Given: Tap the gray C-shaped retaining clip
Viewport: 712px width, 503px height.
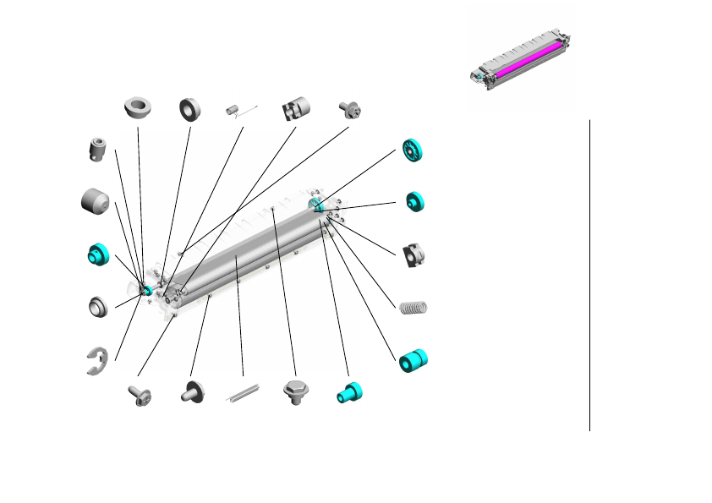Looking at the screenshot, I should [97, 360].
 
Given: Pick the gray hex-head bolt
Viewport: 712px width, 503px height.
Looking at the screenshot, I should [295, 392].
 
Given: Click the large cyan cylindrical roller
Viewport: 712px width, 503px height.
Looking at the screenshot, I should [414, 358].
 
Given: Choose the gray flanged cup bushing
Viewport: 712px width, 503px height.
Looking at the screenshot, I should [137, 107].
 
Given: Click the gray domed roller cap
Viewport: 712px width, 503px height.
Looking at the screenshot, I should [96, 202].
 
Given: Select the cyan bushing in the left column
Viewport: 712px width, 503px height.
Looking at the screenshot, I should [99, 253].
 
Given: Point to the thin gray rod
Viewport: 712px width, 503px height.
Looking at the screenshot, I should [244, 394].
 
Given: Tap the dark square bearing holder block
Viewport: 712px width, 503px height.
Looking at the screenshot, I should [413, 254].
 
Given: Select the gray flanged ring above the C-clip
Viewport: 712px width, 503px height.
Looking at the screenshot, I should [98, 306].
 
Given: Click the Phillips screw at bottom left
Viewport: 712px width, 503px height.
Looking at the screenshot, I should [137, 394].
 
